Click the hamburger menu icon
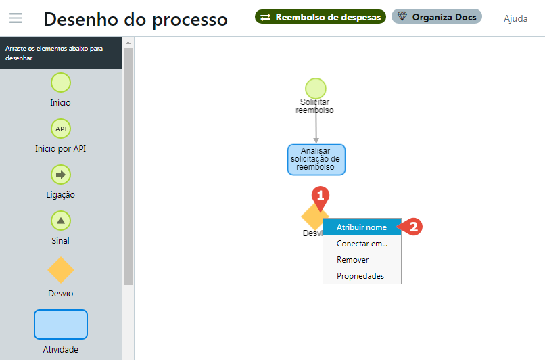16,18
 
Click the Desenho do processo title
135,19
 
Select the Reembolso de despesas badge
321,17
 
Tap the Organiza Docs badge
437,17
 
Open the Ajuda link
515,18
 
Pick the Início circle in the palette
61,83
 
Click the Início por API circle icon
61,129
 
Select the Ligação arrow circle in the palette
61,175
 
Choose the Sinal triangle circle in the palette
61,221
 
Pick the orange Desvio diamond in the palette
61,269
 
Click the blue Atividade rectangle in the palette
61,324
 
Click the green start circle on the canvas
316,88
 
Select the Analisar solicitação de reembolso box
316,159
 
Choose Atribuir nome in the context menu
362,227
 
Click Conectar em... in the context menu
362,244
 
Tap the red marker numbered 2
413,227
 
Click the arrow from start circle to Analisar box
316,129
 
